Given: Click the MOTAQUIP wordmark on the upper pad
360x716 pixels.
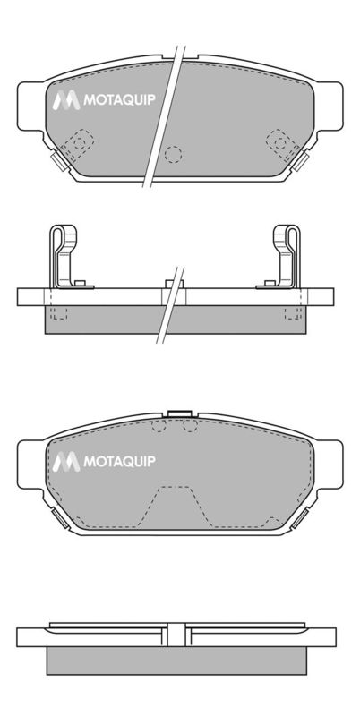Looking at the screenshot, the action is [119, 99].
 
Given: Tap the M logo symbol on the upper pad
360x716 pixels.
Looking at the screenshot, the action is [66, 100].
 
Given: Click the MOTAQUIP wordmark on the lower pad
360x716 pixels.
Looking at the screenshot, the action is [119, 461].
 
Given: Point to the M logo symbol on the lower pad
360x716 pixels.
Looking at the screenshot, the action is [66, 462].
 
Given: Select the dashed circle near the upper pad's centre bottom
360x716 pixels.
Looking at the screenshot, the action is [173, 155].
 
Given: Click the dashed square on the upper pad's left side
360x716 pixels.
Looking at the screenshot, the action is [78, 144].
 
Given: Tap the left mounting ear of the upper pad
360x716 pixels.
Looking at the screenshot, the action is [30, 106].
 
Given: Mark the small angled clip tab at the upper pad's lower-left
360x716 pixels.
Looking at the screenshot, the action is [59, 160].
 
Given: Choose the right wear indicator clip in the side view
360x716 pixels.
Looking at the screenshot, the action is [281, 257].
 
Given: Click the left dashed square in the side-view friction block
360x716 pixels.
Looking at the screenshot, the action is [59, 312].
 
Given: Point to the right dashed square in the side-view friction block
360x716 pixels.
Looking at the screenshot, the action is [292, 312].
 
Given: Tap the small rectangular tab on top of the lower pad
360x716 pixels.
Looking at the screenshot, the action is [179, 413].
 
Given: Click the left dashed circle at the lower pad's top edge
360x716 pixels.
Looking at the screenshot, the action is [159, 426].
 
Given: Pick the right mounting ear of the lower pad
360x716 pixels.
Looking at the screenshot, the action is [330, 465].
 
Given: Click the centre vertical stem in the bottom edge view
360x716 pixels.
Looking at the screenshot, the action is [176, 635].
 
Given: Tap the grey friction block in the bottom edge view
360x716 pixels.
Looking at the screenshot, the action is [176, 661].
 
